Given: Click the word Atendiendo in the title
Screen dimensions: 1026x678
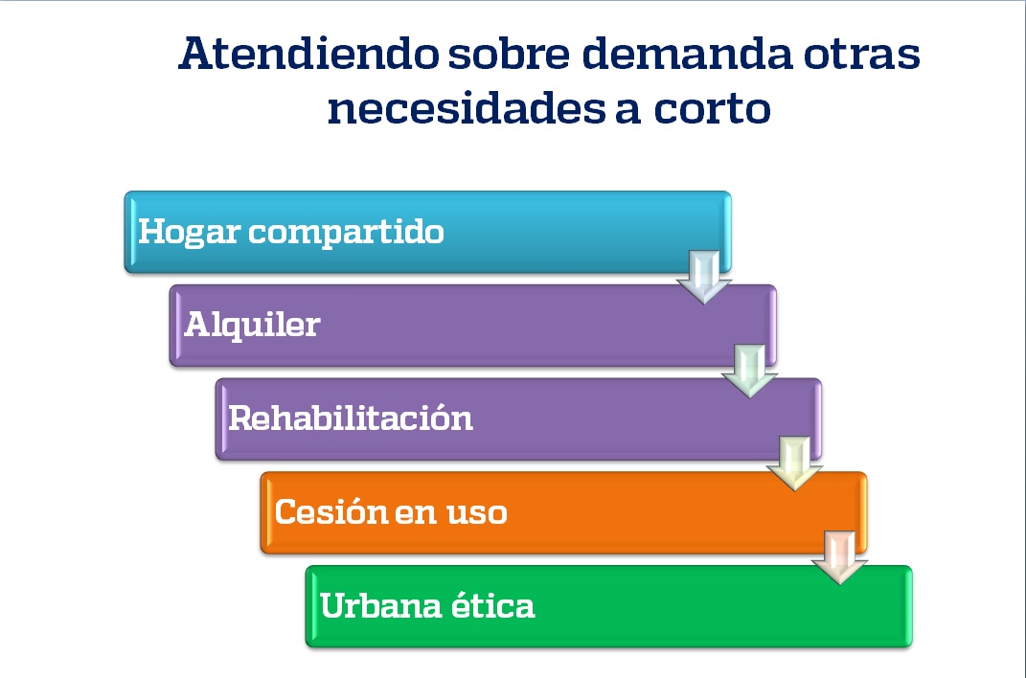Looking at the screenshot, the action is point(308,54).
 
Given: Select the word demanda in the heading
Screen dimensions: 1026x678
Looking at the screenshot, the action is point(687,54).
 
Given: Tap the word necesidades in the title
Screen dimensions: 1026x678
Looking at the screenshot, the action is point(467,108).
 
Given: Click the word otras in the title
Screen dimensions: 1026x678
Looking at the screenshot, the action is point(862,55).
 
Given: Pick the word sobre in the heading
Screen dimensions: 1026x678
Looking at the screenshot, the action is point(509,54).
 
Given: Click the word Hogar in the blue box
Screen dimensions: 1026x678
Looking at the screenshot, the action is point(189,233).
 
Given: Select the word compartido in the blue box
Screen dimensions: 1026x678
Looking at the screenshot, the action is point(346,233).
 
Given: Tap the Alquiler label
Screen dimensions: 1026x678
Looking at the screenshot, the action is point(253,325).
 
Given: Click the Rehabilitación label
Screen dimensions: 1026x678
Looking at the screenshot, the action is point(350,418).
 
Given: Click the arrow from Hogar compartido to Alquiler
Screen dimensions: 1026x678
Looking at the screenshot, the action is point(704,278).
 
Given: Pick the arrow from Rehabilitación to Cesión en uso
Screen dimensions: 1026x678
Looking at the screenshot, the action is point(794,464).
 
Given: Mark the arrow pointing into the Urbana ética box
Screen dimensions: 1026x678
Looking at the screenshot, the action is point(839,557).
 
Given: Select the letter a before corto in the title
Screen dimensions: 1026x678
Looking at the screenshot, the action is point(627,111).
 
